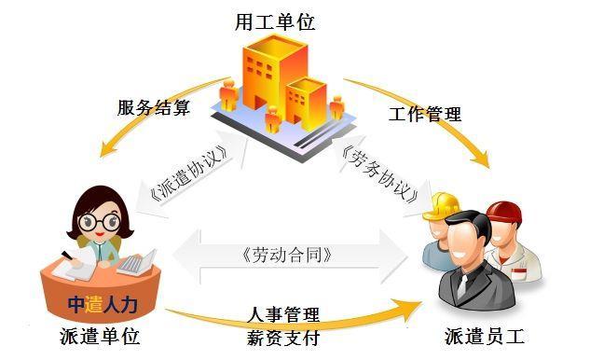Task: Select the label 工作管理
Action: [x=424, y=115]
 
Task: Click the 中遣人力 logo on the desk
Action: [x=103, y=303]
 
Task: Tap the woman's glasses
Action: [x=100, y=222]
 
